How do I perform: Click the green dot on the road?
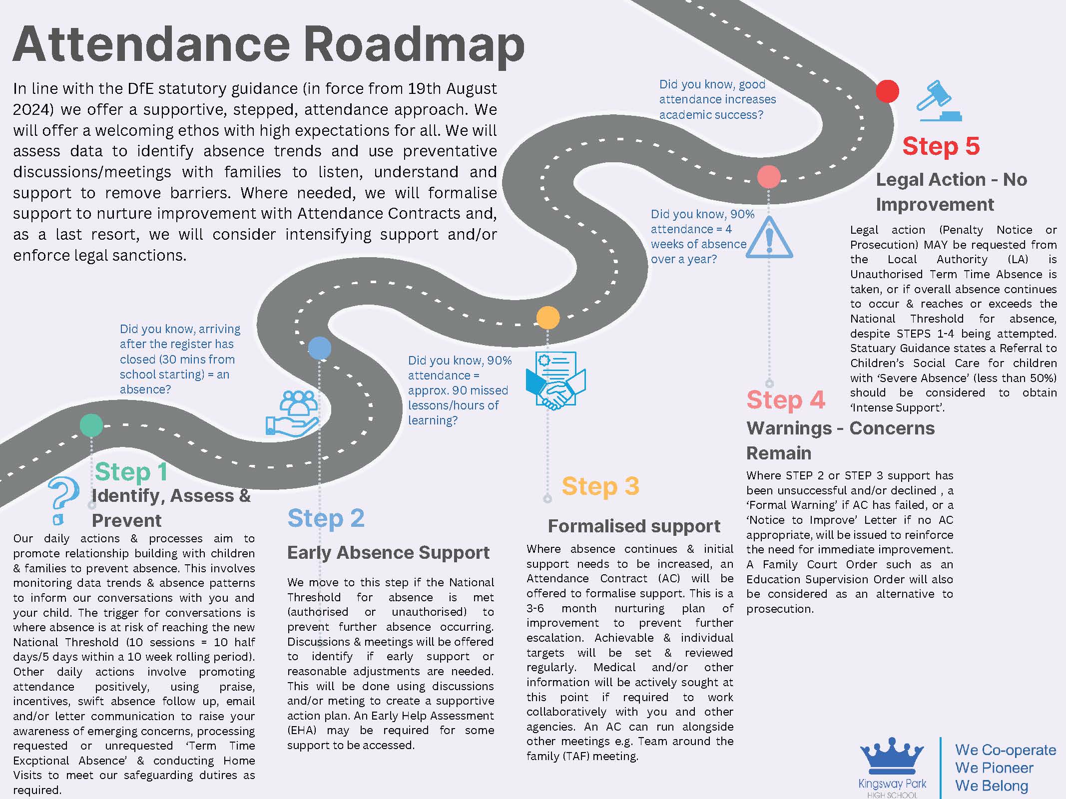pyautogui.click(x=91, y=425)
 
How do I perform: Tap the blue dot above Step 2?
pyautogui.click(x=320, y=348)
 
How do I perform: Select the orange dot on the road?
pyautogui.click(x=547, y=318)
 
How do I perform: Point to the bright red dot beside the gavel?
pyautogui.click(x=887, y=91)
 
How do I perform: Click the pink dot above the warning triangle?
pyautogui.click(x=769, y=177)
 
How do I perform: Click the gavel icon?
pyautogui.click(x=938, y=101)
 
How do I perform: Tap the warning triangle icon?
pyautogui.click(x=769, y=238)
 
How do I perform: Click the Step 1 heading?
pyautogui.click(x=131, y=471)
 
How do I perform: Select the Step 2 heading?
pyautogui.click(x=326, y=518)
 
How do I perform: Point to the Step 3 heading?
pyautogui.click(x=600, y=486)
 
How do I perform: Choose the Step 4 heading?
pyautogui.click(x=785, y=399)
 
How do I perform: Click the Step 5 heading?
pyautogui.click(x=941, y=146)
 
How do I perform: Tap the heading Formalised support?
pyautogui.click(x=634, y=526)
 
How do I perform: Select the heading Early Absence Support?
pyautogui.click(x=388, y=552)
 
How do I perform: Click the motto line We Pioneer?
pyautogui.click(x=994, y=768)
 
